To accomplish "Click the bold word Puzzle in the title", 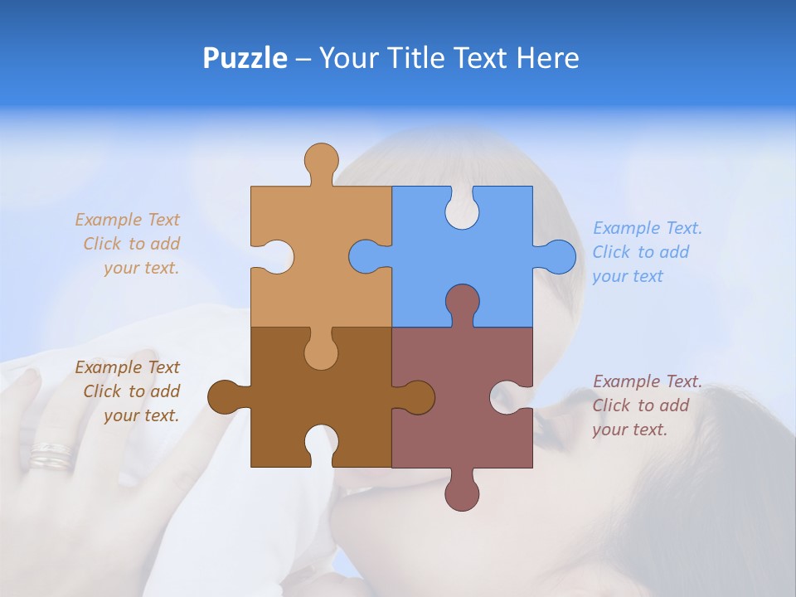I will click(x=245, y=58).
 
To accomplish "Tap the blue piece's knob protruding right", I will click(x=557, y=257).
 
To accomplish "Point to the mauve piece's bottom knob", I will click(x=462, y=492).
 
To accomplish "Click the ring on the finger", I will click(x=51, y=455).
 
